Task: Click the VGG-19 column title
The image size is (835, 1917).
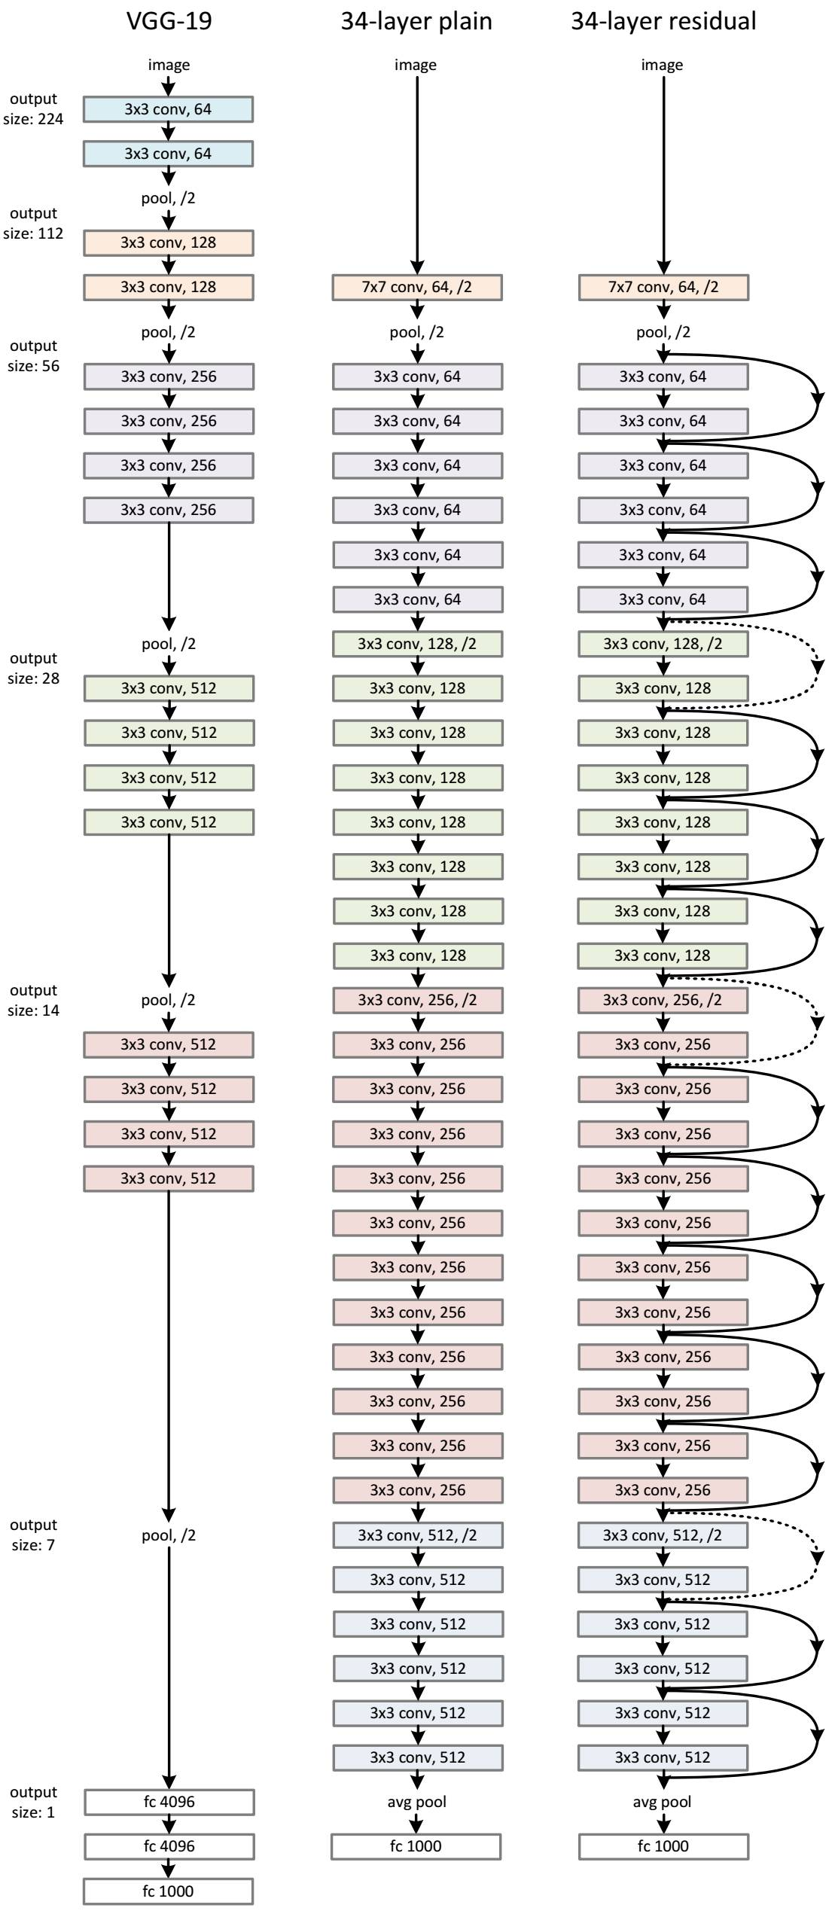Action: [169, 21]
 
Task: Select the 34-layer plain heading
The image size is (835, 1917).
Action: [416, 21]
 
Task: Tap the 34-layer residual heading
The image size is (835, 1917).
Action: [663, 21]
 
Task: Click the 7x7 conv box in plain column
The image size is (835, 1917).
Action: [417, 288]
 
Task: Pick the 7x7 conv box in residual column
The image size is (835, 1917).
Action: [663, 288]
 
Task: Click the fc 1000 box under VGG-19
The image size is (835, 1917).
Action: [169, 1891]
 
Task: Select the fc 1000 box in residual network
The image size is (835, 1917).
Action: [663, 1846]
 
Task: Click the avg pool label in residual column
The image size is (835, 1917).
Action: [662, 1802]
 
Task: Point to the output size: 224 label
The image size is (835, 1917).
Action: [33, 109]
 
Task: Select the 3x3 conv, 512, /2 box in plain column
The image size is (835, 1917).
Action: [417, 1535]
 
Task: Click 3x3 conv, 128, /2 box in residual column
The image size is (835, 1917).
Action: [663, 644]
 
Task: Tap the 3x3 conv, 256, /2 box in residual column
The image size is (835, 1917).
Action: [663, 1000]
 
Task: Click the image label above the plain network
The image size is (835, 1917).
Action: [416, 65]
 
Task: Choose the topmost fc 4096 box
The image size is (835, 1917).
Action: [169, 1802]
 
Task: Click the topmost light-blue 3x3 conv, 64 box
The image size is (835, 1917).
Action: [169, 109]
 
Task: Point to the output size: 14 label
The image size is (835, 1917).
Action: [33, 1000]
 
